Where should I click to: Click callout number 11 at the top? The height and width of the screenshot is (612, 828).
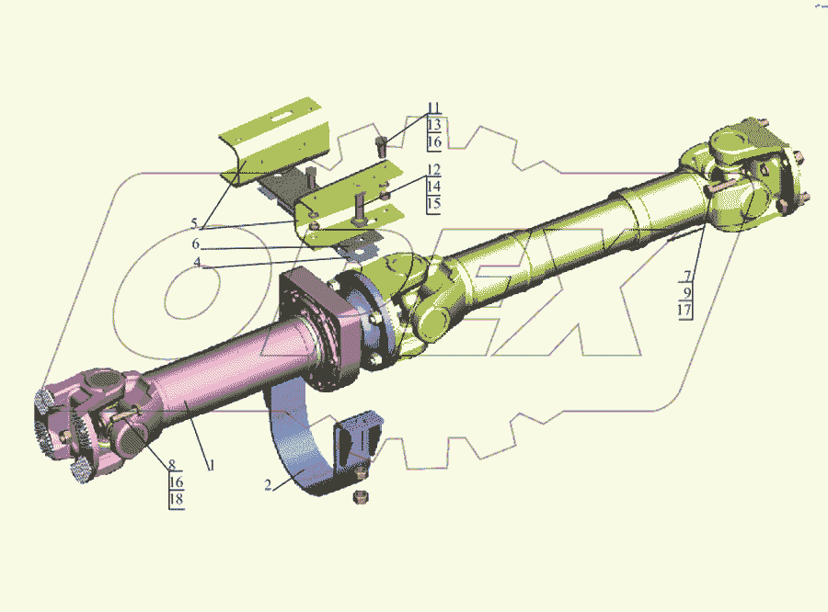[433, 108]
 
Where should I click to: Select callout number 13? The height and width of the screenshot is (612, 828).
[434, 125]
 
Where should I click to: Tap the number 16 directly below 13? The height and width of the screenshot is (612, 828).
[434, 142]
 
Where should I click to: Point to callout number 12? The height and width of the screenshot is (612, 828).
[433, 170]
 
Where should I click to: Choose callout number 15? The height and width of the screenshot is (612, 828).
[433, 204]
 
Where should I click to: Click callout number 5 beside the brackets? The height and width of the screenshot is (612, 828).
[194, 223]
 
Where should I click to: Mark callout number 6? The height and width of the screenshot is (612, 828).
[195, 244]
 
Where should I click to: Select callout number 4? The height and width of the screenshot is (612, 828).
[197, 262]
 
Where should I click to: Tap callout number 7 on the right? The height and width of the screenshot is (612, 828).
[687, 276]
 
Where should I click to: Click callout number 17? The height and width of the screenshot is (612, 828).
[684, 310]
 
